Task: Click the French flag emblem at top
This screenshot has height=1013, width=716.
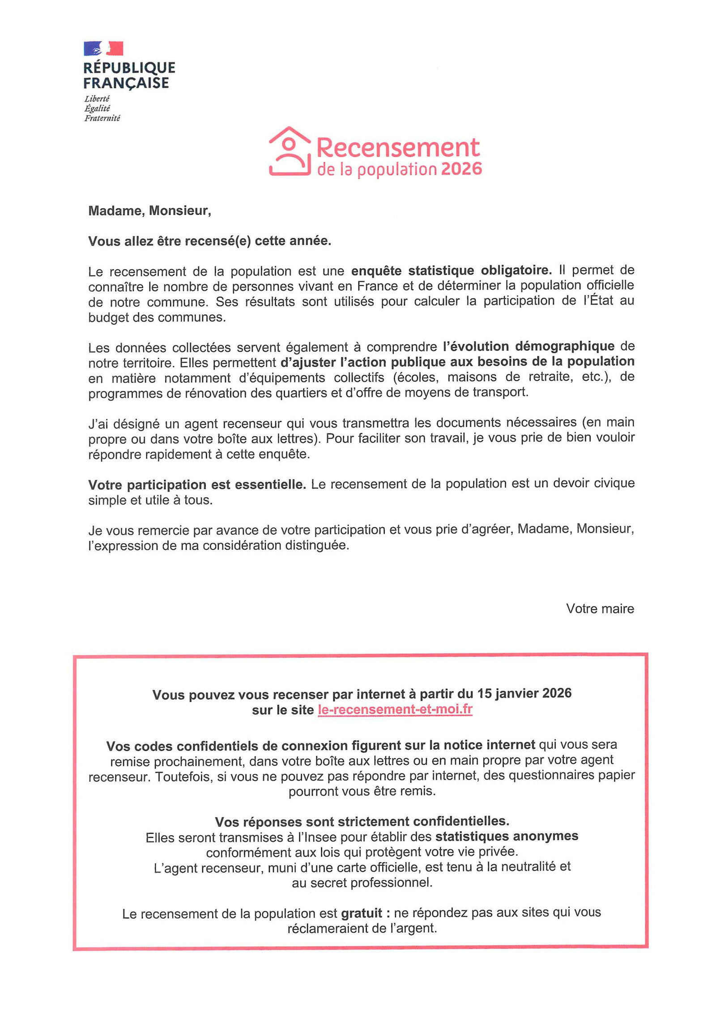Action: pyautogui.click(x=103, y=48)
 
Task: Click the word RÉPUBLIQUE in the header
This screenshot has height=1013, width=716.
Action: pyautogui.click(x=129, y=68)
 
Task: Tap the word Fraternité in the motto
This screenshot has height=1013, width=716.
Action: pyautogui.click(x=102, y=118)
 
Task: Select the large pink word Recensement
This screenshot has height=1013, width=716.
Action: pyautogui.click(x=398, y=147)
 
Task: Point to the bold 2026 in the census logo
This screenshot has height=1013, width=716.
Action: pyautogui.click(x=461, y=169)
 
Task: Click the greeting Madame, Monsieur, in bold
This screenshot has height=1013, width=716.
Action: pyautogui.click(x=149, y=210)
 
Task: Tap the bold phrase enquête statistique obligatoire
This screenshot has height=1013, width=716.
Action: pyautogui.click(x=451, y=270)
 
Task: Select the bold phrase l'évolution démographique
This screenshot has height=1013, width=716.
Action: pyautogui.click(x=528, y=346)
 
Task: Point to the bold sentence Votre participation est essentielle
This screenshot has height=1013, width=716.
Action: pyautogui.click(x=197, y=485)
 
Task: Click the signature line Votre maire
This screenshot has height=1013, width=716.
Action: pyautogui.click(x=600, y=609)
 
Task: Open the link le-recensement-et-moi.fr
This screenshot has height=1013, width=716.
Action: pyautogui.click(x=395, y=709)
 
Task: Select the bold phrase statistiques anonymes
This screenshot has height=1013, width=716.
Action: pyautogui.click(x=507, y=836)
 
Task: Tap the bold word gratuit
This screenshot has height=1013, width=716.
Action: pyautogui.click(x=362, y=913)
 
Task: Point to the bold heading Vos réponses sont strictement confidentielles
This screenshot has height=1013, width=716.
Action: pyautogui.click(x=362, y=821)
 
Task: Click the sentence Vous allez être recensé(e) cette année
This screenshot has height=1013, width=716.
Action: pyautogui.click(x=209, y=241)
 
